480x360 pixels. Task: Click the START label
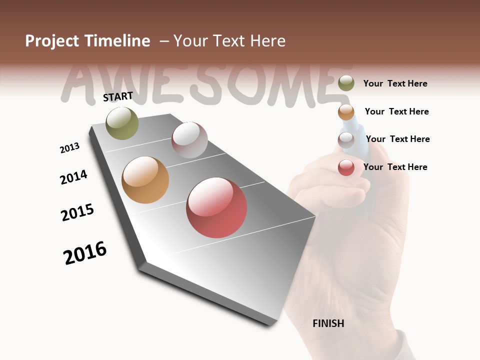pos(118,96)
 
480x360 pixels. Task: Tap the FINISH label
pos(328,323)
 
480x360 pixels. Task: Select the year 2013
pos(69,148)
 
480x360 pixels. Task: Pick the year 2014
pos(73,177)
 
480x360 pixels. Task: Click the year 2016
pos(85,253)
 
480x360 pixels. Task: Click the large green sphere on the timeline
pos(122,123)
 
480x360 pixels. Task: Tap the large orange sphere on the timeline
pos(145,180)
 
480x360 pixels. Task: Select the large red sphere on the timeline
pos(216,207)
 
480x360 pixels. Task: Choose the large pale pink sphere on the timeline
pos(189,140)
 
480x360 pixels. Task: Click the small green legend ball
pos(346,83)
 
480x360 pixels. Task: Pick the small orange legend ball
pos(346,112)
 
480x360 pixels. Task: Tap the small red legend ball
pos(346,167)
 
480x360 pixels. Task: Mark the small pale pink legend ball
pos(346,140)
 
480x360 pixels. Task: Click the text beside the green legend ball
pos(395,83)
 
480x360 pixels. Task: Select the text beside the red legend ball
pos(395,167)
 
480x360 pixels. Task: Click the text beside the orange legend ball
pos(396,111)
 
